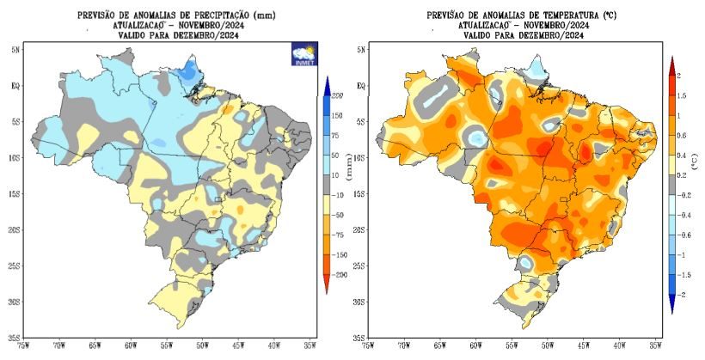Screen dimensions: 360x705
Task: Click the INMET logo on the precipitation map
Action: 304,53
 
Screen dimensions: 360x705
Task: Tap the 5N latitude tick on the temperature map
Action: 360,50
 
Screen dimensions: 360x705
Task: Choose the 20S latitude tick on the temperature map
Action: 359,229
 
